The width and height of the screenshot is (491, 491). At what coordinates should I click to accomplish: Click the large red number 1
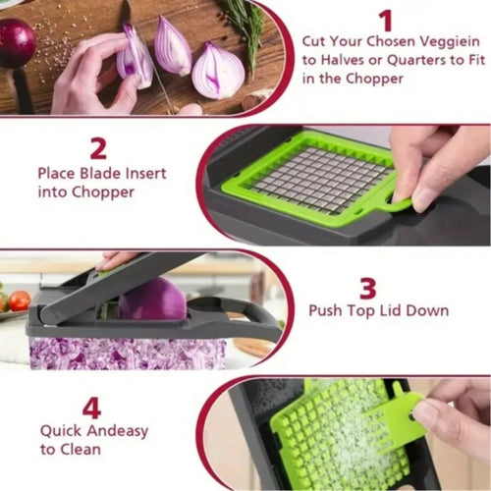point(385,21)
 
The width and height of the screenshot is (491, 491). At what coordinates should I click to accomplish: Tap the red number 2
point(97,147)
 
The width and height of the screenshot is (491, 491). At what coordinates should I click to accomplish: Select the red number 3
point(367,288)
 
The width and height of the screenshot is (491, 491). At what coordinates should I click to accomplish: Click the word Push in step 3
point(327,311)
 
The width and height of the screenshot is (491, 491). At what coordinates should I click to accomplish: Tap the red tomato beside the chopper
point(19,300)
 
